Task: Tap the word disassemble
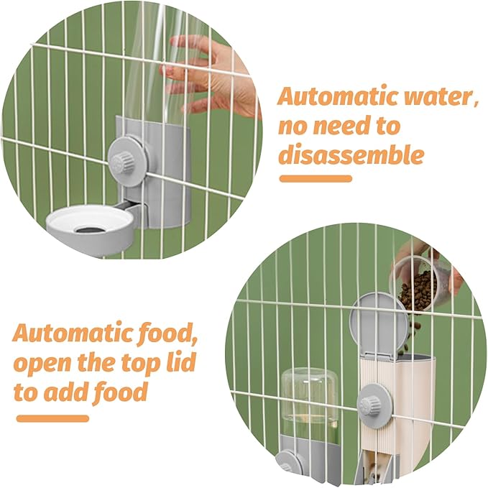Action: click(x=351, y=155)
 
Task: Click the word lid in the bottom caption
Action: click(x=178, y=363)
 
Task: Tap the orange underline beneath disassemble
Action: click(x=316, y=178)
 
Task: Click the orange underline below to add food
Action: click(x=52, y=418)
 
